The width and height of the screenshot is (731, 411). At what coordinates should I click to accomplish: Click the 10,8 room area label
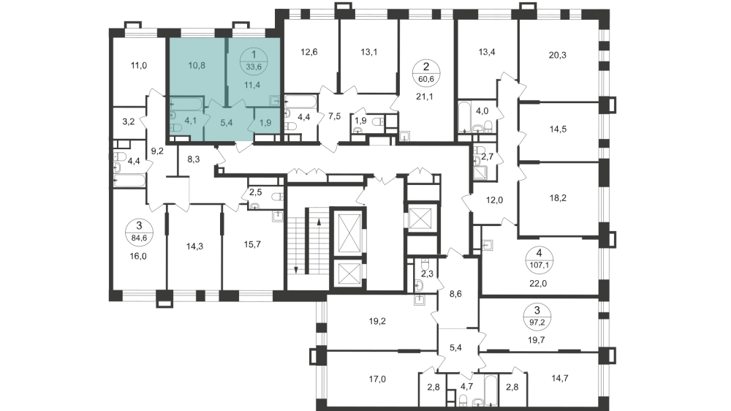196,64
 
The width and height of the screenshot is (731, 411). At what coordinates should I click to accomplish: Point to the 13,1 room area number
370,52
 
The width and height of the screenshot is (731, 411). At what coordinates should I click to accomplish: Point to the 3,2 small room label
128,121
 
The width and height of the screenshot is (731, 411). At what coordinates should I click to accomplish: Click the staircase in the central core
305,241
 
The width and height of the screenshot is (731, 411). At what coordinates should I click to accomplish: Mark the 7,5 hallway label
336,116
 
